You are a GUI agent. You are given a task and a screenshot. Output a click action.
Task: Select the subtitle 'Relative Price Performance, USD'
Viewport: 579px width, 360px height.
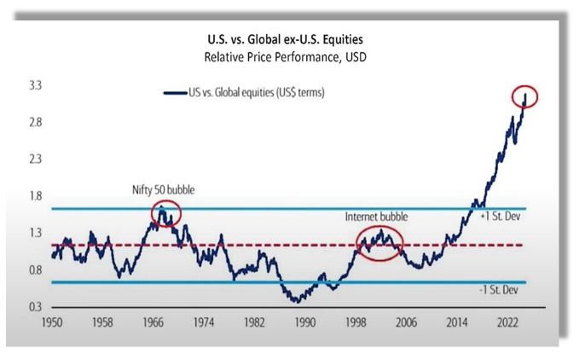(288, 58)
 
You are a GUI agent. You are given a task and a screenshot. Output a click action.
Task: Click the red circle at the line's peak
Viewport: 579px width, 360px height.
(526, 96)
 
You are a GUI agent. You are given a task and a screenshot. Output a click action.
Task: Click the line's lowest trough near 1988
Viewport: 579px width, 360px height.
(296, 300)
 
